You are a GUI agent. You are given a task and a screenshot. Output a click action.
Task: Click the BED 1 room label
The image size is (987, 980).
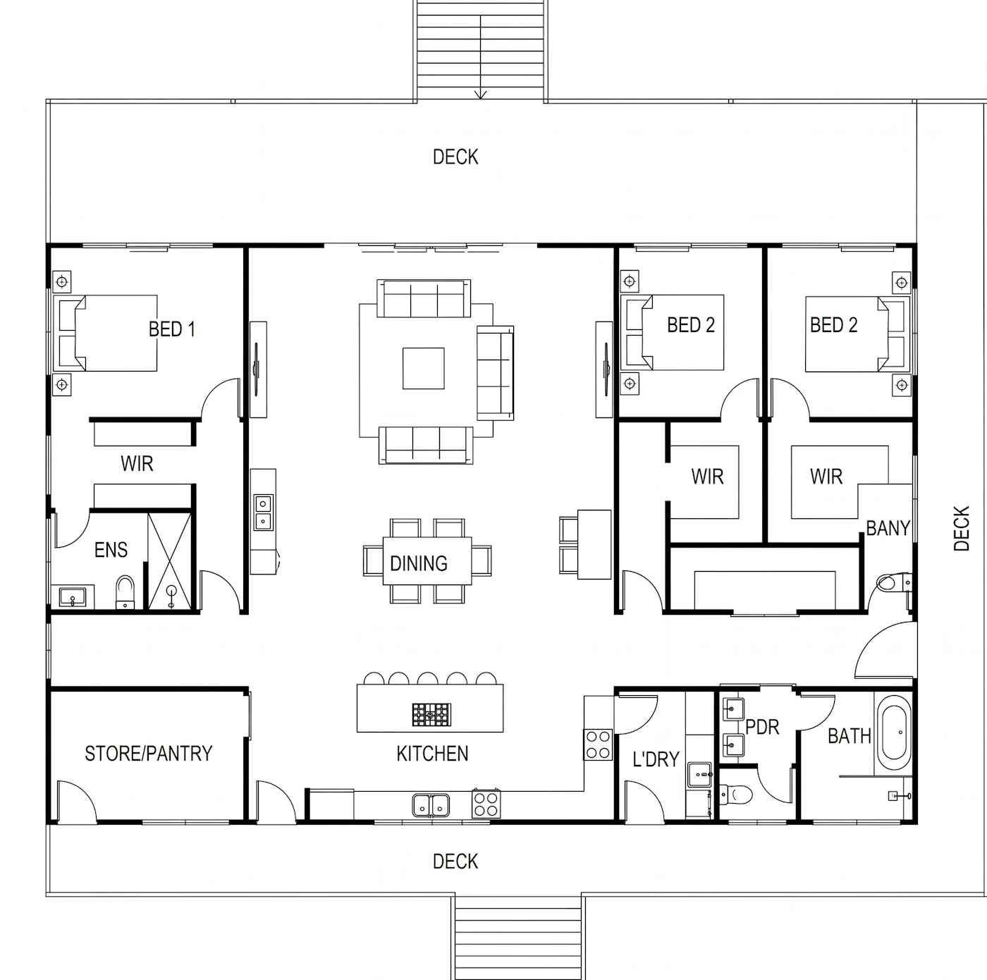point(172,329)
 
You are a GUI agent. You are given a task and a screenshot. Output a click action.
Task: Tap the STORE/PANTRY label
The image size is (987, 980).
point(149,754)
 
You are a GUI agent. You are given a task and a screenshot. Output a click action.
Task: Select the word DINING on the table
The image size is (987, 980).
point(419,563)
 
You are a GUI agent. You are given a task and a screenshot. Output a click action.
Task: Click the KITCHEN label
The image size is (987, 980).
point(432,754)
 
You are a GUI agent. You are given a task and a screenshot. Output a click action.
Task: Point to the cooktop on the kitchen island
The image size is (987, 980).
point(431,715)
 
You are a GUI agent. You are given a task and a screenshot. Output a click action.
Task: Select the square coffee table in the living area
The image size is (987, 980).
point(423,368)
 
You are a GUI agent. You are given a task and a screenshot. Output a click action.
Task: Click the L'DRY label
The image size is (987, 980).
point(656,759)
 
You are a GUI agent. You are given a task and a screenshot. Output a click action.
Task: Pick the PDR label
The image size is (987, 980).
point(762,727)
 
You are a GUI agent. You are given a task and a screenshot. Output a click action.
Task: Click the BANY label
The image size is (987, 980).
point(888,528)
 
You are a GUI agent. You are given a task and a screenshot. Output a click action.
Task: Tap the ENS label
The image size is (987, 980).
point(111,550)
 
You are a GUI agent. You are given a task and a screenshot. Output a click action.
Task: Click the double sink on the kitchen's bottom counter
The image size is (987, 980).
point(431,805)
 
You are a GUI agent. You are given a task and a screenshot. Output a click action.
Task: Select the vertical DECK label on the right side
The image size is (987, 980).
point(962,528)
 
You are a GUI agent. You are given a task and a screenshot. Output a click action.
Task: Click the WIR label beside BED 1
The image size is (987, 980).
point(137,464)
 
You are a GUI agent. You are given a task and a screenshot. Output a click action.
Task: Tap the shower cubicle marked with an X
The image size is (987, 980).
point(169,561)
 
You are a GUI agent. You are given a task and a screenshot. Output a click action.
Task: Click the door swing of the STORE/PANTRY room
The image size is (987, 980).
point(77,800)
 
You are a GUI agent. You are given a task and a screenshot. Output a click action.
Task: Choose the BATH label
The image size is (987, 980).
point(850,736)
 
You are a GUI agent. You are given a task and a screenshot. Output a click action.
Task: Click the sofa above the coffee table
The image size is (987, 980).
point(424,298)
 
